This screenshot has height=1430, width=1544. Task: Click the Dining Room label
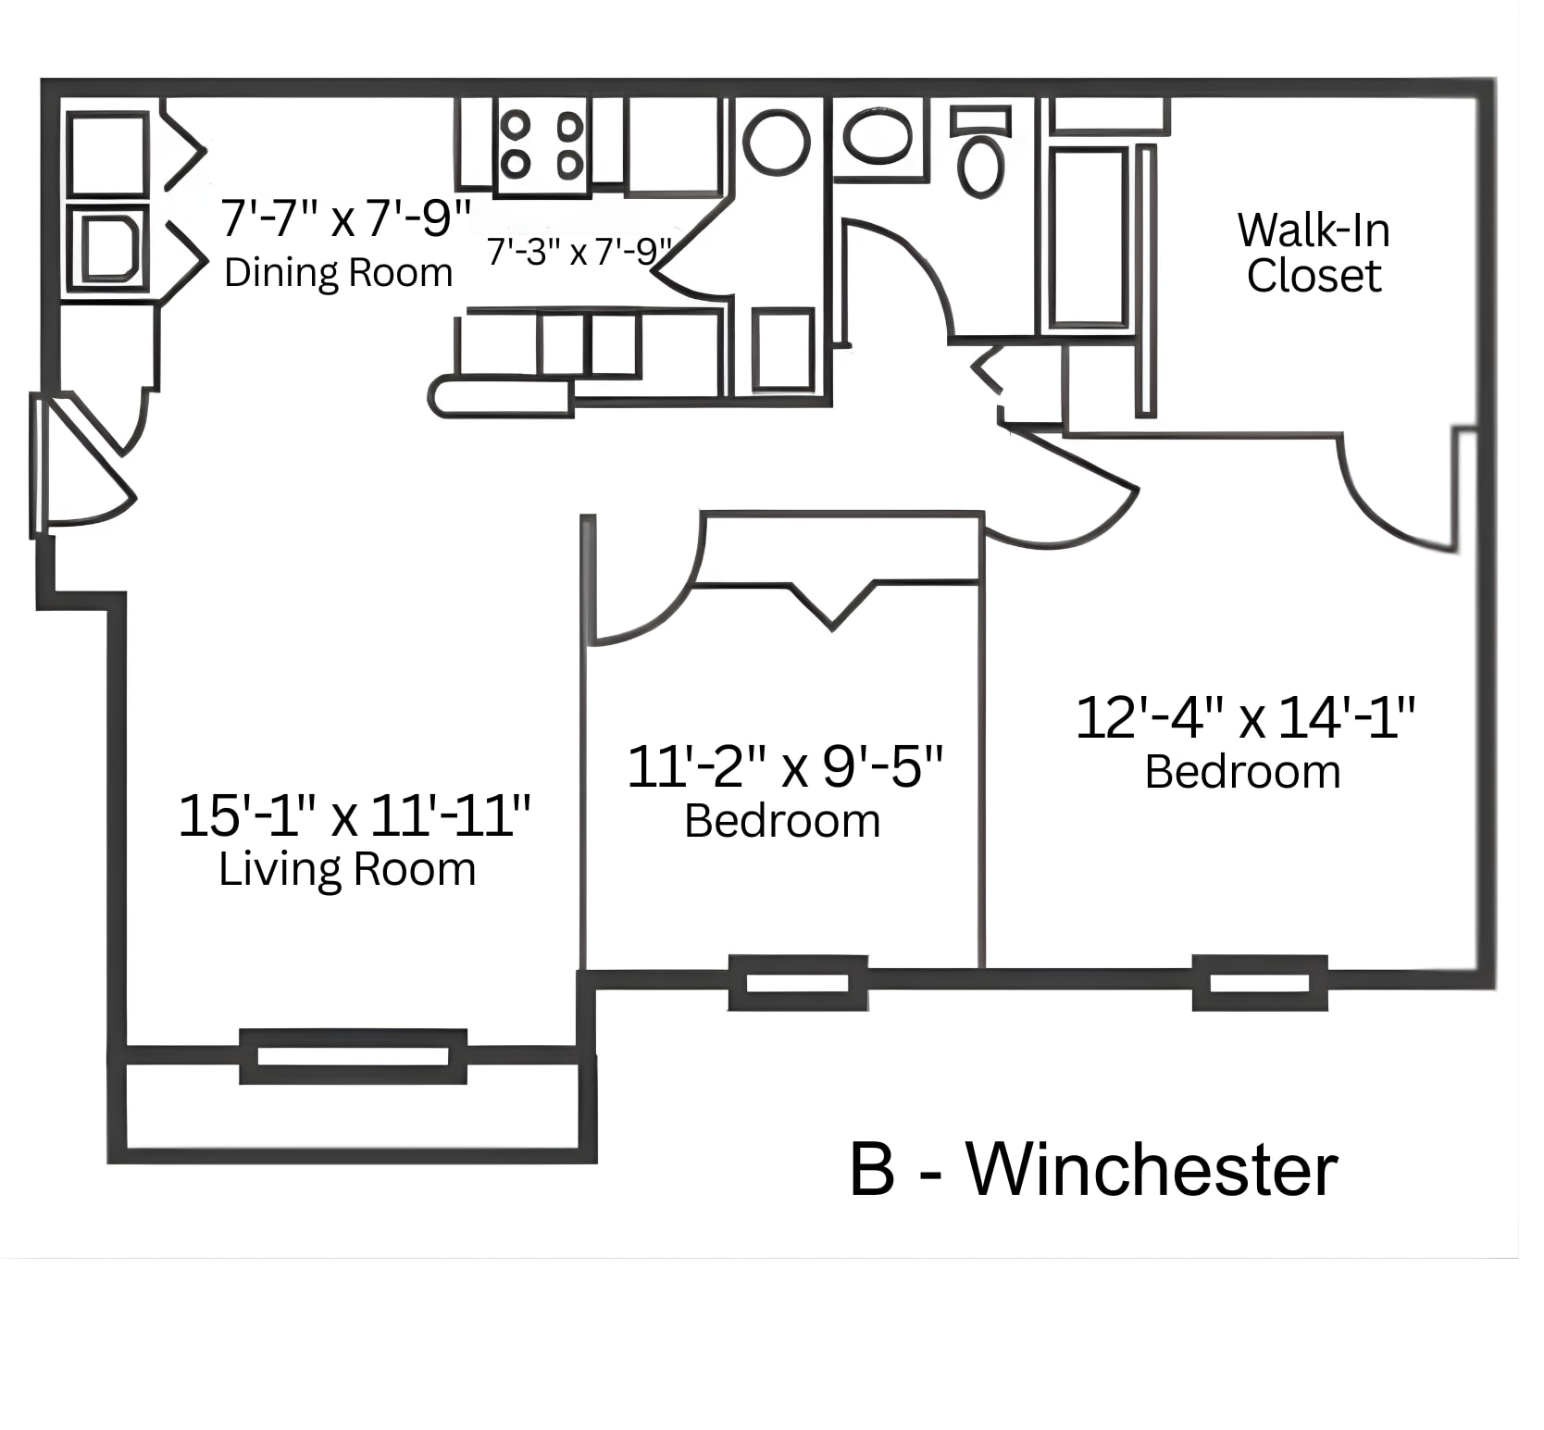[338, 273]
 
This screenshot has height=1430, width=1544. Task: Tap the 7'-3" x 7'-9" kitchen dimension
[578, 251]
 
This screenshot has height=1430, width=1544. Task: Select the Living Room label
[347, 869]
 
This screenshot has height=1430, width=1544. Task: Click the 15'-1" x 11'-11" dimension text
[354, 815]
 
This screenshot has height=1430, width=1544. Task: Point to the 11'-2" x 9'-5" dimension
[784, 766]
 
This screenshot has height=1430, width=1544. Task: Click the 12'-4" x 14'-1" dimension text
[1244, 717]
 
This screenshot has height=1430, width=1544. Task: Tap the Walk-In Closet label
[1313, 253]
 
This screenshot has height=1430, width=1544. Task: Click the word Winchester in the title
[1152, 1170]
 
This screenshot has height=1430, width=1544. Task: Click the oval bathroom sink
[878, 137]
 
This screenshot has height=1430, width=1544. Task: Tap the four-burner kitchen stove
[542, 146]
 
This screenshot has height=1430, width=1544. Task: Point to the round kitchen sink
[776, 143]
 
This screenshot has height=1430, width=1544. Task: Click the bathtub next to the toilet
[1088, 237]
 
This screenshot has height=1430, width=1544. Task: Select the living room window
[353, 1056]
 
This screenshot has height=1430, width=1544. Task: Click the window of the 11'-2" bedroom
[797, 983]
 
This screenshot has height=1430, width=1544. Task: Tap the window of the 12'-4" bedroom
[1259, 983]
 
